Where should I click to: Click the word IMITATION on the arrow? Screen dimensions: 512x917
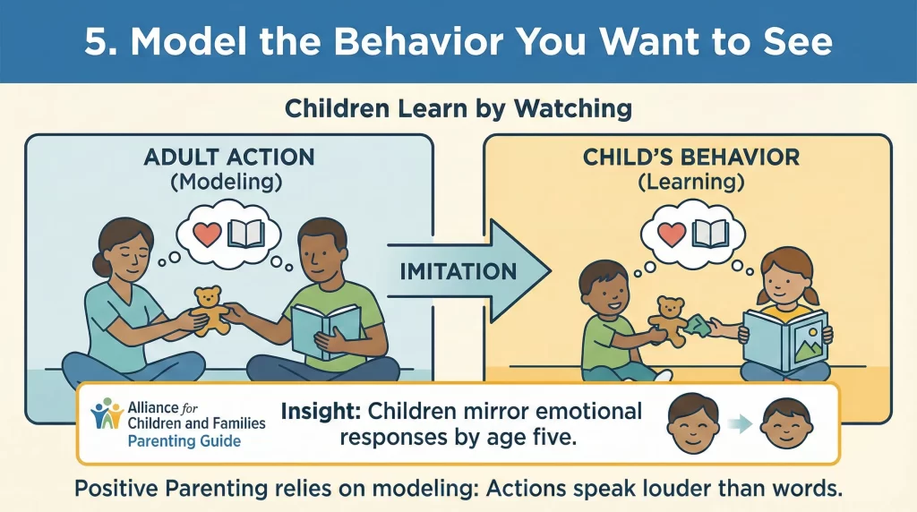[x=457, y=270]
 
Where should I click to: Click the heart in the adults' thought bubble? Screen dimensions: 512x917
[x=207, y=235]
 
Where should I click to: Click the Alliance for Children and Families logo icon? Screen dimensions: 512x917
[x=108, y=414]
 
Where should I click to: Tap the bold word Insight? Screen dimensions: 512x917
[x=321, y=412]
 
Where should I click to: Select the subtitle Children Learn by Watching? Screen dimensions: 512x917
[x=458, y=109]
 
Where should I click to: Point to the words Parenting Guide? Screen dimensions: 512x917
[x=184, y=441]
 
